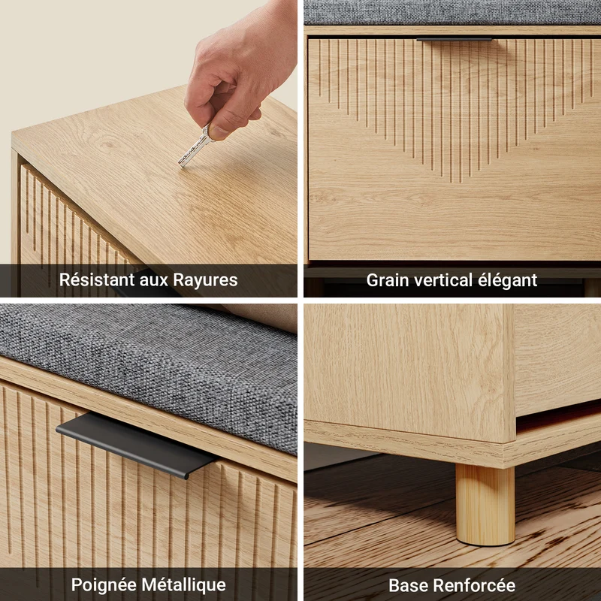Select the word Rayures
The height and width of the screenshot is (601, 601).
tap(205, 280)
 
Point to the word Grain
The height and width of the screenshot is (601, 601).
tap(388, 280)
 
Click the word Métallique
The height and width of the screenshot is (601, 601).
tap(184, 585)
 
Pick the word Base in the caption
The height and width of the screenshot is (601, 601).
tap(407, 585)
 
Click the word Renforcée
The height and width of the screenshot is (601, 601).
tap(474, 585)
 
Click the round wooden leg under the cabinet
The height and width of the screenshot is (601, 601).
tap(485, 504)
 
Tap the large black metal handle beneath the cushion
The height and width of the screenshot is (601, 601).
tap(136, 445)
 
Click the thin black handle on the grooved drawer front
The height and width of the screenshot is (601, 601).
tap(454, 39)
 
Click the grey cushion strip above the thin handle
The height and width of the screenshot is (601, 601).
tap(452, 12)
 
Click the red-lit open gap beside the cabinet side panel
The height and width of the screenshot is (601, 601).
tap(558, 415)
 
